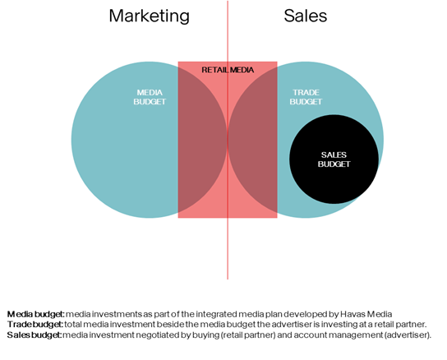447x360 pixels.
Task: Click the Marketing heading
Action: click(x=149, y=16)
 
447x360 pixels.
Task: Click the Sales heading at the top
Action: click(x=306, y=16)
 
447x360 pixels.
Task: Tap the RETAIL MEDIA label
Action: click(x=228, y=70)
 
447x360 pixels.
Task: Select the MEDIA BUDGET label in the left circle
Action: click(x=150, y=97)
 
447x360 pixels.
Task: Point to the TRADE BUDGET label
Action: click(x=306, y=97)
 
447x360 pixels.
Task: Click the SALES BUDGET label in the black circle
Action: click(x=334, y=159)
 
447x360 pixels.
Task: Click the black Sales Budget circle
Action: click(x=334, y=159)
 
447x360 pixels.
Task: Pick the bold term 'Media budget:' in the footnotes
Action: click(x=36, y=314)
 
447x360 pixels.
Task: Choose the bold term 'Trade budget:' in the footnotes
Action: click(x=35, y=325)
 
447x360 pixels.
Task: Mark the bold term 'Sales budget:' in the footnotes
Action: click(x=35, y=335)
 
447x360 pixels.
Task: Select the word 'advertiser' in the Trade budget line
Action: click(x=291, y=325)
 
